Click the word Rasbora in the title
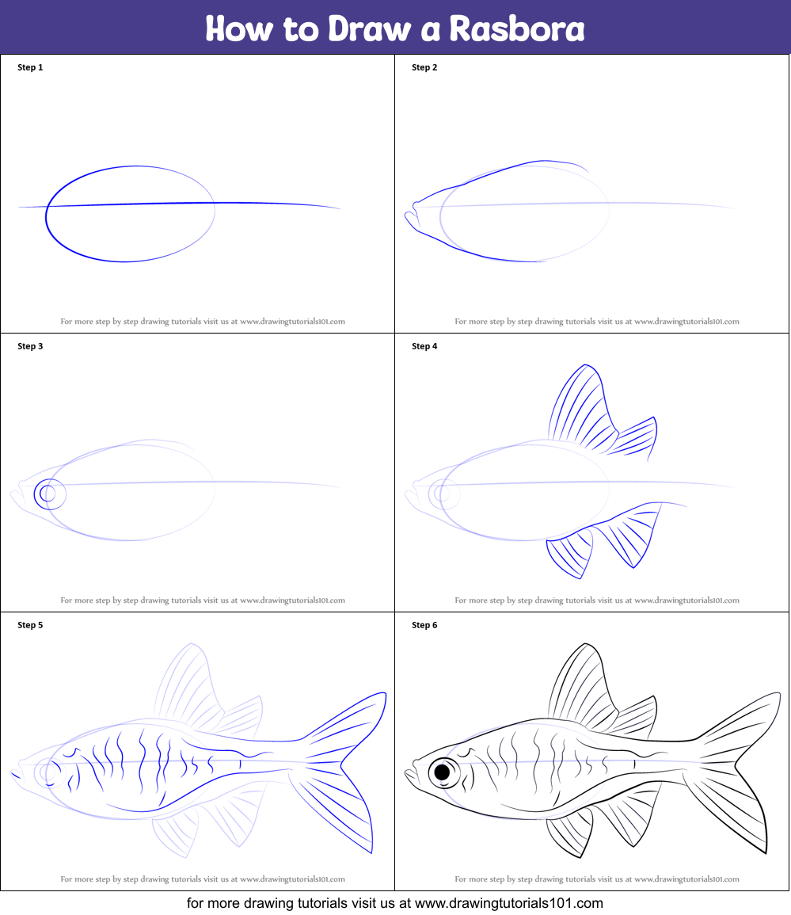tap(517, 29)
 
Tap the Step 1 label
tap(30, 67)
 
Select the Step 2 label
tap(424, 67)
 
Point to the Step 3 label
tap(30, 346)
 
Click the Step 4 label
tap(424, 346)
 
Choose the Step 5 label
tap(30, 625)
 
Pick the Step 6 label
tap(424, 625)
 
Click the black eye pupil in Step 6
tap(442, 772)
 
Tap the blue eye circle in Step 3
tap(49, 494)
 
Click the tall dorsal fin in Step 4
tap(583, 404)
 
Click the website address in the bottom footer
tap(509, 903)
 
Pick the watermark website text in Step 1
tap(292, 322)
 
